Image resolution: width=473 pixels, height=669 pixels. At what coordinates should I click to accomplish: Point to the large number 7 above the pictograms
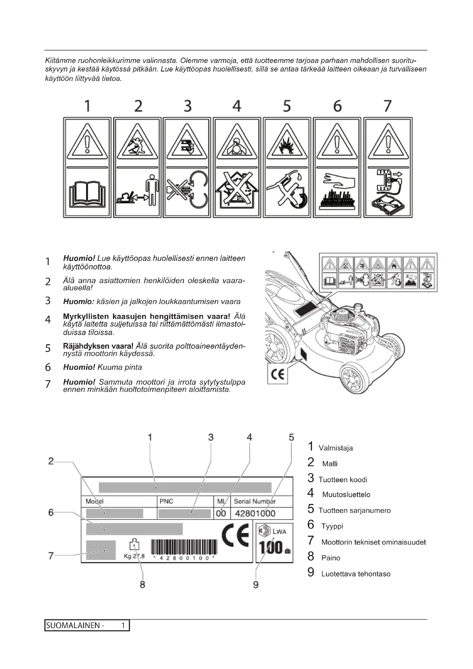coord(387,106)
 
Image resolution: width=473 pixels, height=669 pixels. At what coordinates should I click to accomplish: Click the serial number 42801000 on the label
coord(255,513)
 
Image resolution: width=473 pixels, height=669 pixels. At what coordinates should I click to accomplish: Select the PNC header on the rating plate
coord(166,501)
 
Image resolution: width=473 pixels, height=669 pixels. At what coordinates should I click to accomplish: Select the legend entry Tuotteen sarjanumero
coord(354,511)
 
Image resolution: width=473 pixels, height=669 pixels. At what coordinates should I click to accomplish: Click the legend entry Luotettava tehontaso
coord(356,574)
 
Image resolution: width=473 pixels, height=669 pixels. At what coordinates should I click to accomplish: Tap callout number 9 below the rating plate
coord(255,585)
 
